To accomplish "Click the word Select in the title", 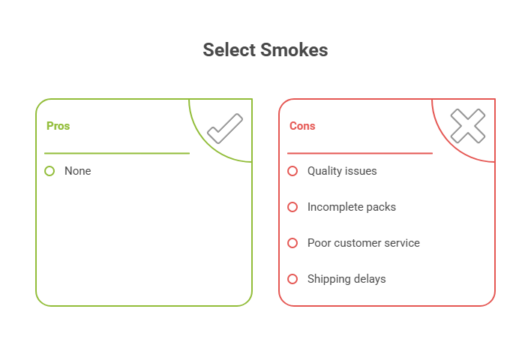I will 229,50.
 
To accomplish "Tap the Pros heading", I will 58,126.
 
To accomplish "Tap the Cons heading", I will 302,126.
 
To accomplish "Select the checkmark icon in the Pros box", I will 224,128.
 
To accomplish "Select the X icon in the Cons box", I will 467,126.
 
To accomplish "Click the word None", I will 78,171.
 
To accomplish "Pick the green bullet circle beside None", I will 49,171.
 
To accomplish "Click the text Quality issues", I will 342,171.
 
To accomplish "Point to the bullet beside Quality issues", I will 292,171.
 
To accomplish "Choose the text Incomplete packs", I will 351,207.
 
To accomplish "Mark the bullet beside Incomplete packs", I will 292,207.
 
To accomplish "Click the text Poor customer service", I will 363,243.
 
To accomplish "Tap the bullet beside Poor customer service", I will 292,243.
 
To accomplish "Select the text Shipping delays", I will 346,279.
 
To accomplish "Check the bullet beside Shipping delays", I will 292,279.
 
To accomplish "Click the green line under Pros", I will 116,153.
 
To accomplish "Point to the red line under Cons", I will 359,153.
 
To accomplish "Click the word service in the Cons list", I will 401,243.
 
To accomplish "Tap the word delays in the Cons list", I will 369,279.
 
